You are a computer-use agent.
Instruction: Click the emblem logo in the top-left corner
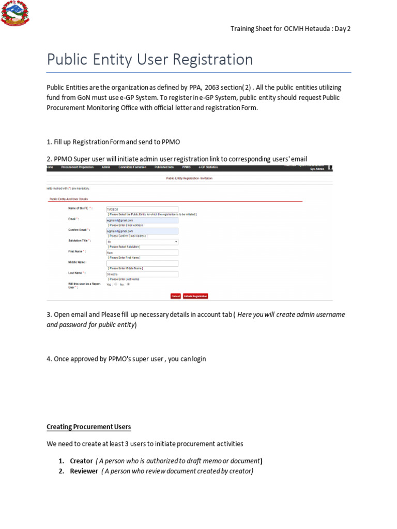pos(16,13)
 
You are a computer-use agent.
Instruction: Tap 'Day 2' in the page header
pos(342,29)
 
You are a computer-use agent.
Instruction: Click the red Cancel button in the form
pos(176,296)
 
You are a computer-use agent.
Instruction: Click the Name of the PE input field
pos(142,209)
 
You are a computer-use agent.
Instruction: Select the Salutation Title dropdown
pos(142,241)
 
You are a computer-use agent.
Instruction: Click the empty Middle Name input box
pos(142,263)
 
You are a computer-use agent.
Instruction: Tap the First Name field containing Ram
pos(142,253)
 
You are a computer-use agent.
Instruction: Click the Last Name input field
pos(142,274)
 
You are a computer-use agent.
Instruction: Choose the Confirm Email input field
pos(142,231)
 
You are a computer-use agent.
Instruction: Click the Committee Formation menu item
pos(132,167)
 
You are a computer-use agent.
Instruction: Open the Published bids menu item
pos(164,167)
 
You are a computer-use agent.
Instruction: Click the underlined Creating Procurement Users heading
pos(89,427)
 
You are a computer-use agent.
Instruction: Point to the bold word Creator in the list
pos(81,461)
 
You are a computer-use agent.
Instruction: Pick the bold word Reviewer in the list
pos(84,471)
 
